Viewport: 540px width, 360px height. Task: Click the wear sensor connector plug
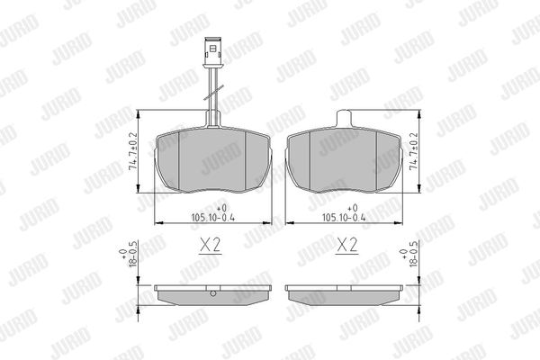(x=213, y=51)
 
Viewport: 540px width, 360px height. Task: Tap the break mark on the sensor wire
(x=213, y=93)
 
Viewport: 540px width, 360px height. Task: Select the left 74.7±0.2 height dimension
(x=132, y=151)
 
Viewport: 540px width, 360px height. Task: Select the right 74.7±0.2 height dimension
(x=414, y=151)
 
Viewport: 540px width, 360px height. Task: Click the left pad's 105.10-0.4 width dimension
(x=212, y=218)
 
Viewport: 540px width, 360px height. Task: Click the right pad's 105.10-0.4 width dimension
(x=344, y=218)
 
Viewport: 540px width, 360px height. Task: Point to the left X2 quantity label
(x=210, y=246)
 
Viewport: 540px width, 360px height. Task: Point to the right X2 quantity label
(x=347, y=246)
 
